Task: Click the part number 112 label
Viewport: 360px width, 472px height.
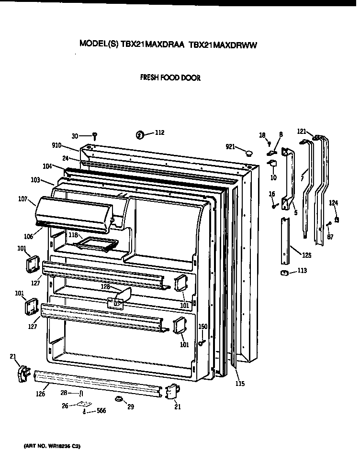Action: click(x=159, y=132)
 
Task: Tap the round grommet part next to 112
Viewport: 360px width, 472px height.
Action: click(x=140, y=135)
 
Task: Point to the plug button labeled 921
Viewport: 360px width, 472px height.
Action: click(x=248, y=153)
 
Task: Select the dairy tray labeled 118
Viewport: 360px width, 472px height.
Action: click(x=96, y=244)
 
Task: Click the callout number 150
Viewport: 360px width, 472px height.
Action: click(x=202, y=326)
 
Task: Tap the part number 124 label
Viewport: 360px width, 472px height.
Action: click(x=333, y=203)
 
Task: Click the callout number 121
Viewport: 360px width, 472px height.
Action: click(x=302, y=131)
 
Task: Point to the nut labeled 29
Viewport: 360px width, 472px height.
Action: click(x=117, y=398)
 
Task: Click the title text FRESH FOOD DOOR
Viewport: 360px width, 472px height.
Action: click(x=170, y=77)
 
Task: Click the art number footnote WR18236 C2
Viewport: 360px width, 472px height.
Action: click(x=52, y=446)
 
